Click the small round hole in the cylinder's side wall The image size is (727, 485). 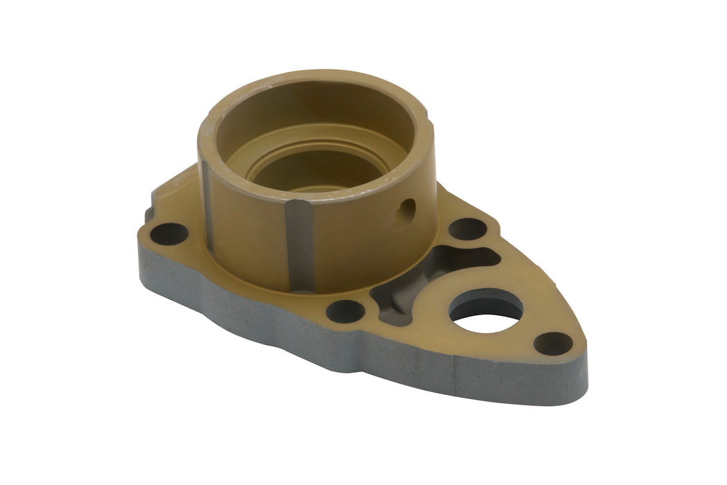coord(408,207)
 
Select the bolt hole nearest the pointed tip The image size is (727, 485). coord(553,342)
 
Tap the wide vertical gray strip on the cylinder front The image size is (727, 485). coord(299,246)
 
